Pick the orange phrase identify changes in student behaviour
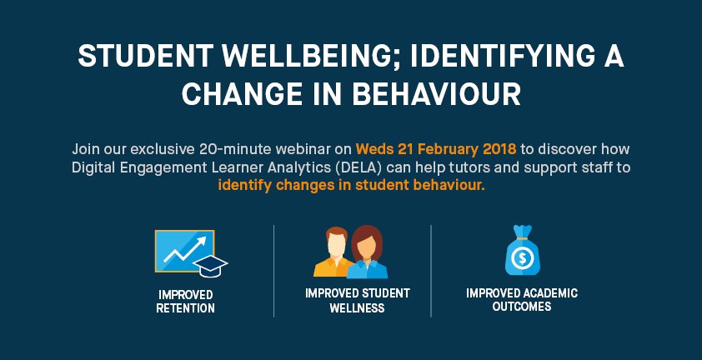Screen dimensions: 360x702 click(351, 185)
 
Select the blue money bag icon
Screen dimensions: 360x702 click(522, 252)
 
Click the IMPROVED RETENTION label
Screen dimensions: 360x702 click(185, 302)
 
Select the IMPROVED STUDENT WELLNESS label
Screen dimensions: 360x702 click(356, 301)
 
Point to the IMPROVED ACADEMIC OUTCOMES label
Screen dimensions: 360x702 click(522, 300)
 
